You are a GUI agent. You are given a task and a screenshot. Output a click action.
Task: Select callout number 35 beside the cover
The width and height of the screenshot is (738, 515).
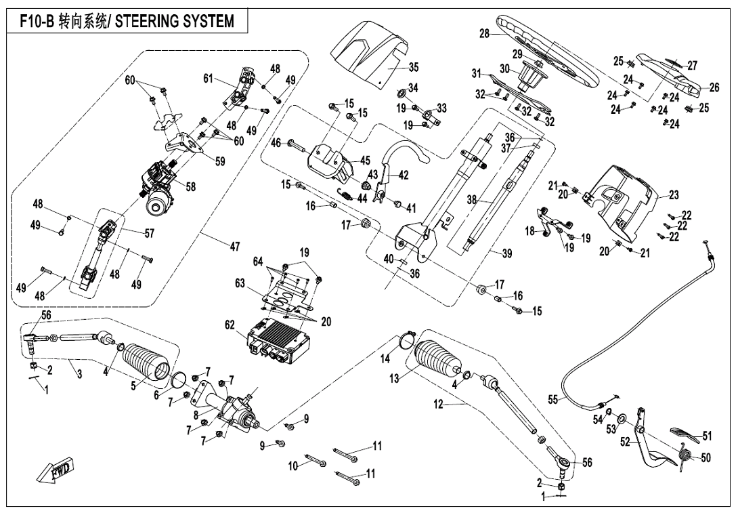tap(414, 67)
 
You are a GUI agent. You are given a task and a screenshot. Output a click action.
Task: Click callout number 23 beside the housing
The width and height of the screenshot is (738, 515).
tap(673, 194)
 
